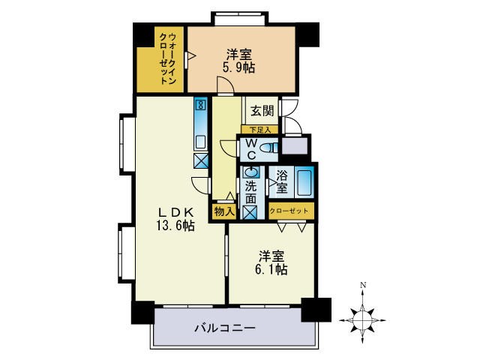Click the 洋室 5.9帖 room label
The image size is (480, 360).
click(238, 61)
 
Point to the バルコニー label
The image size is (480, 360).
click(225, 328)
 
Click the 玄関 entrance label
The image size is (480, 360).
click(261, 111)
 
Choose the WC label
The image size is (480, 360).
click(251, 148)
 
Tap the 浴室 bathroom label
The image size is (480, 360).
click(281, 182)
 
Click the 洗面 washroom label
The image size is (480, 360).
click(250, 192)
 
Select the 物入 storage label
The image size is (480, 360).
click(223, 211)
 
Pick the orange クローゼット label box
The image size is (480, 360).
click(288, 211)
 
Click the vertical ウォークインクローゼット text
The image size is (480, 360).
click(169, 59)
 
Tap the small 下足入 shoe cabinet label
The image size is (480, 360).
click(259, 129)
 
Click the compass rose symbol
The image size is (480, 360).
click(362, 319)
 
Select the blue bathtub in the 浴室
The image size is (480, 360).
click(304, 182)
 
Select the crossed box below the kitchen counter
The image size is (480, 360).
click(201, 160)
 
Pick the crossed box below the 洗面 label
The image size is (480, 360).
click(250, 211)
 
